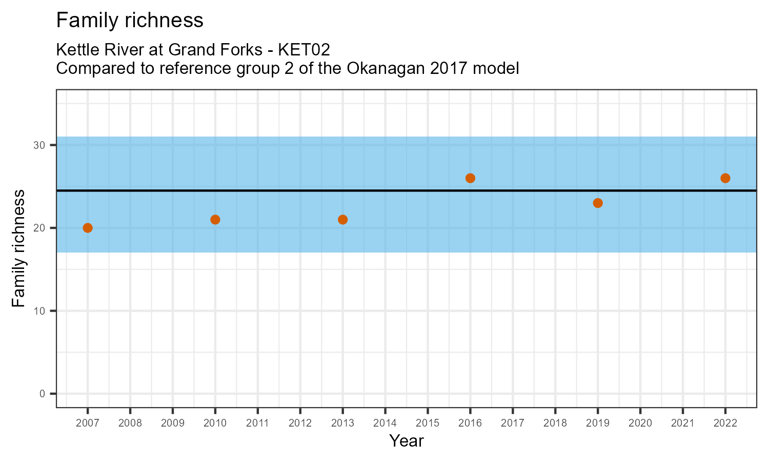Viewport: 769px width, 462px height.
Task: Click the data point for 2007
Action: (x=88, y=228)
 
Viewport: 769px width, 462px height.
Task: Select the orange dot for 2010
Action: (x=215, y=220)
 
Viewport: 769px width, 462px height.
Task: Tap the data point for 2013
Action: (x=343, y=220)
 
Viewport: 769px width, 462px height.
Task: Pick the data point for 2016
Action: (x=470, y=178)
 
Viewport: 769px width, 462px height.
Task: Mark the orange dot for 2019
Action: (x=598, y=203)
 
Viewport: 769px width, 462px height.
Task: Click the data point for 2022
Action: (x=725, y=178)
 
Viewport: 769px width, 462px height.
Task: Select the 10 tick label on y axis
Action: (x=40, y=311)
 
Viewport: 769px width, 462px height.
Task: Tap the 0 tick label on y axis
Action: (x=43, y=394)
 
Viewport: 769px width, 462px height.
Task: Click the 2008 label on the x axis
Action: (x=130, y=423)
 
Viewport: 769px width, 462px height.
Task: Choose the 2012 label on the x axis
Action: (x=300, y=423)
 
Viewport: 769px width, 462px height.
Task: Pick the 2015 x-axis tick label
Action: (x=428, y=423)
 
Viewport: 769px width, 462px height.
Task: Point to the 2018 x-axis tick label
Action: (x=555, y=423)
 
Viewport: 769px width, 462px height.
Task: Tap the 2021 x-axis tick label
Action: (x=682, y=423)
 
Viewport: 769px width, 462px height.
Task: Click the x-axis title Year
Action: (x=406, y=441)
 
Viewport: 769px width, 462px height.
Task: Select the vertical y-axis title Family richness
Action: (x=19, y=248)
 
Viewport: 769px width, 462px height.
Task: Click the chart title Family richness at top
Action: (x=130, y=21)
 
